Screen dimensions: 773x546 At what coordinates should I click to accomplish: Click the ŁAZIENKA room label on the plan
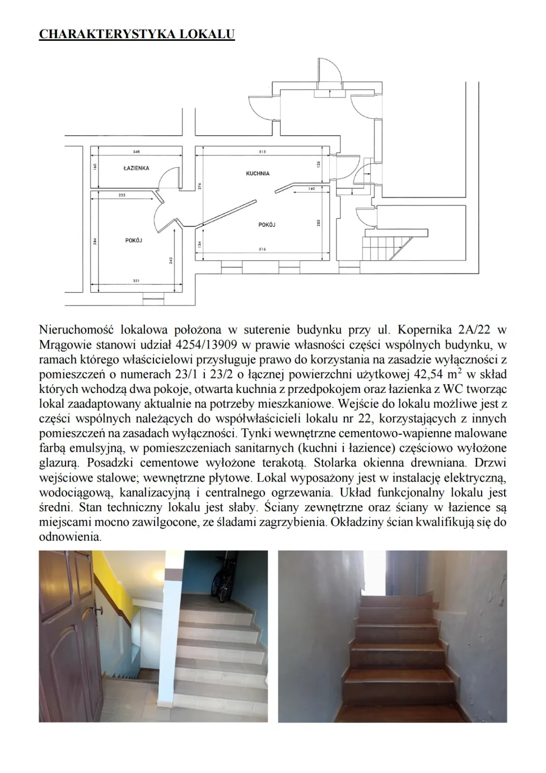(136, 168)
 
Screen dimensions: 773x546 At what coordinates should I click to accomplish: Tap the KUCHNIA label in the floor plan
(258, 173)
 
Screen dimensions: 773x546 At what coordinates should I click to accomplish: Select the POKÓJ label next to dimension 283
(267, 225)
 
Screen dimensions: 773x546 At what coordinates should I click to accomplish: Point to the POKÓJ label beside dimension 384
(134, 240)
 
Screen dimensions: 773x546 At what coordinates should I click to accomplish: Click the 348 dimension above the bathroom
(136, 152)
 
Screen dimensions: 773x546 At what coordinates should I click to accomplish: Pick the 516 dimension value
(262, 249)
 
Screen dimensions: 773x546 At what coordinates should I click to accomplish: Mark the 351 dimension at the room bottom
(136, 281)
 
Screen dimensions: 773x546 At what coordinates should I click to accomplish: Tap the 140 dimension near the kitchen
(312, 189)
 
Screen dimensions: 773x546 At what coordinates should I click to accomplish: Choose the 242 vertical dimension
(171, 260)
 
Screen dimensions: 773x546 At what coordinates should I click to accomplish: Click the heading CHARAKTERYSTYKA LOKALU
(137, 34)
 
